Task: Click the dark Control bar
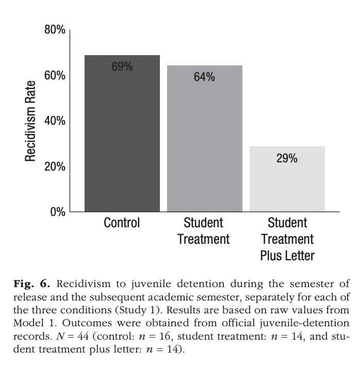122,133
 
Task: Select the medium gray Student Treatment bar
205,139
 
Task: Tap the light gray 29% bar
287,179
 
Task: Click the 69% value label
122,66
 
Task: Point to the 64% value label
204,77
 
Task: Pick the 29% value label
287,158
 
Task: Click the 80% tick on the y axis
55,30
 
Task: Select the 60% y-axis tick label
55,75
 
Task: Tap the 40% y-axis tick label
55,121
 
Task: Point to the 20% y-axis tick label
55,166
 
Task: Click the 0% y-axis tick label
58,212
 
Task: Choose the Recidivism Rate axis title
30,121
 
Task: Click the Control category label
122,223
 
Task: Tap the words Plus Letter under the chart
287,255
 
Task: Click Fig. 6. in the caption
31,284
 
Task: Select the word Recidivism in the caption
84,284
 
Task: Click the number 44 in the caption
83,336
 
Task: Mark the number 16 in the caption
165,336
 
